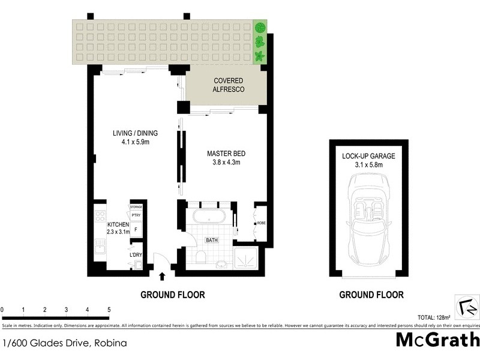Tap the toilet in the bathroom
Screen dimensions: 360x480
(x=202, y=257)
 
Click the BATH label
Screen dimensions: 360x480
(x=212, y=240)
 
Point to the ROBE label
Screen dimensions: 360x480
(x=262, y=223)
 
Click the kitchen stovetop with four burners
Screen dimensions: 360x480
(x=99, y=216)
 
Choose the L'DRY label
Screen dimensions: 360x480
(x=136, y=255)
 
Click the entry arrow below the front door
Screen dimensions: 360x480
(x=162, y=277)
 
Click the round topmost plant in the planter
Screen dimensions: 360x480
(x=260, y=28)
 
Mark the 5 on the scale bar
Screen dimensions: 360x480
(x=109, y=310)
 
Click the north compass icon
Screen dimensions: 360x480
(x=466, y=305)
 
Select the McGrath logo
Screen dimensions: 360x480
(x=437, y=340)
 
